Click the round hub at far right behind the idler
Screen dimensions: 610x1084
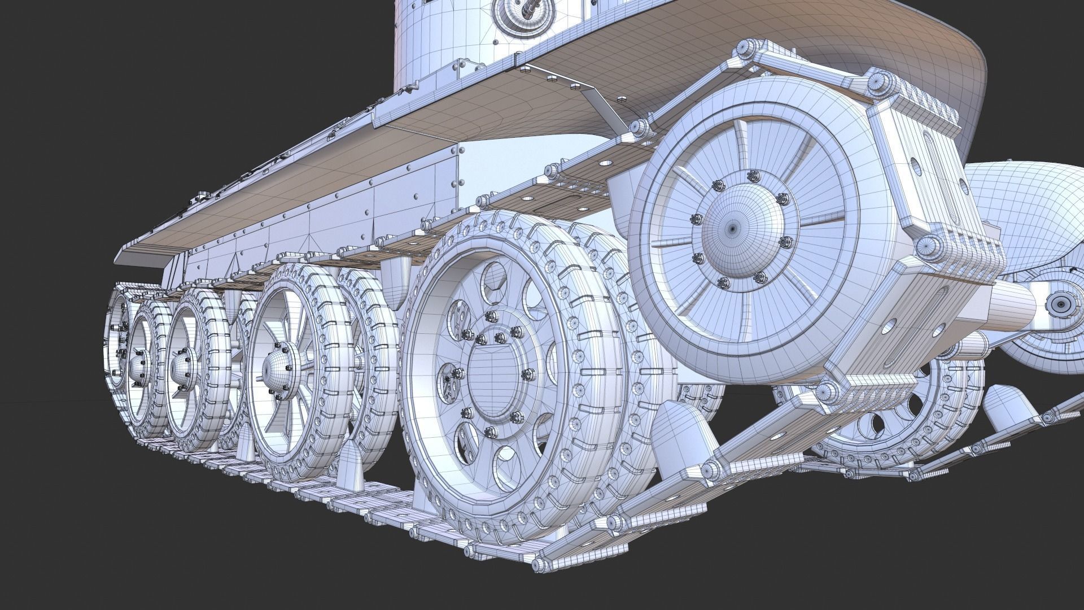1060,304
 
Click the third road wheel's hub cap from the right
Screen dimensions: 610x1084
182,367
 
